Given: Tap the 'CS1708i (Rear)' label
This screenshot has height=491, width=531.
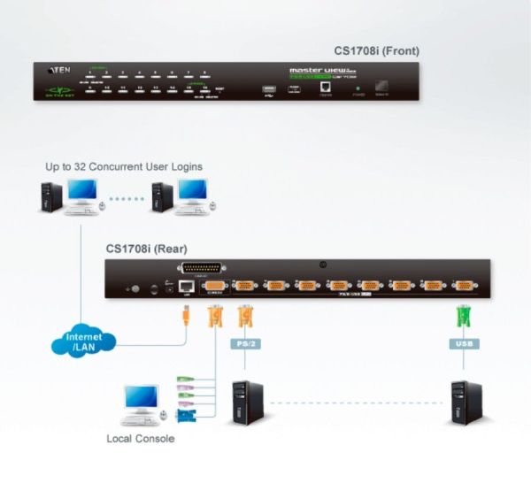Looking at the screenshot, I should (x=147, y=249).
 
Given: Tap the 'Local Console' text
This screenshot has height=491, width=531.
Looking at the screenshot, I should (x=140, y=438).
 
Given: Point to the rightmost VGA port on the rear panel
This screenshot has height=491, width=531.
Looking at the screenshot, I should (x=461, y=286).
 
